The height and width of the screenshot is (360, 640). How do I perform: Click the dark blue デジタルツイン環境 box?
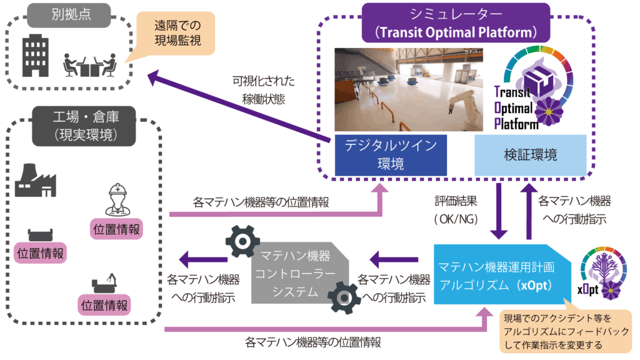click(x=390, y=154)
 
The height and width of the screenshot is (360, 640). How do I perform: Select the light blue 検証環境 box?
click(x=530, y=154)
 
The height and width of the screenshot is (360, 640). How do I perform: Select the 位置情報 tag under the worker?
click(x=117, y=228)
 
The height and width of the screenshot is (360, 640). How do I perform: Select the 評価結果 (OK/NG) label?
click(x=456, y=210)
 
